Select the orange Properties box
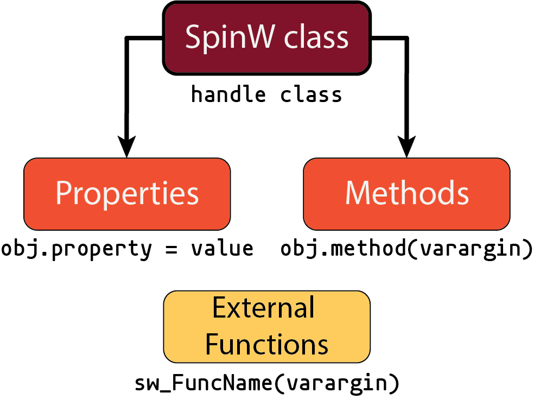point(127,194)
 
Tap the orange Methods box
point(406,194)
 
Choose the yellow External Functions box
point(267,326)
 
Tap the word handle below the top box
point(228,95)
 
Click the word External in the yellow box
point(263,308)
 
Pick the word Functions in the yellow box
point(267,344)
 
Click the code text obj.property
point(77,249)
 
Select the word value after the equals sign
point(222,249)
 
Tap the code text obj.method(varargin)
point(406,249)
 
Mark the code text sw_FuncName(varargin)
point(267,383)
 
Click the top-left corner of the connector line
point(127,39)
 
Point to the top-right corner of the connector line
point(406,39)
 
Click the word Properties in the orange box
point(127,193)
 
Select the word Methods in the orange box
point(406,193)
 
